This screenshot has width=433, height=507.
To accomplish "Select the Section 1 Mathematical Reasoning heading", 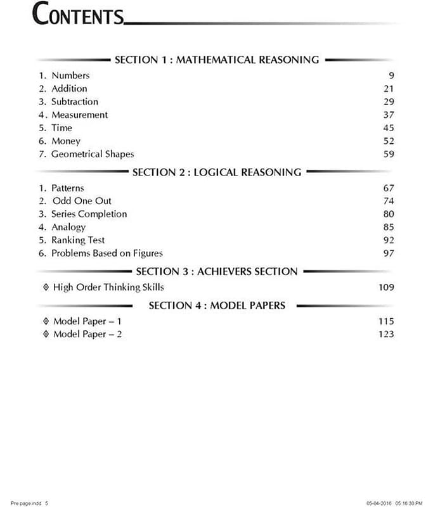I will pos(216,60).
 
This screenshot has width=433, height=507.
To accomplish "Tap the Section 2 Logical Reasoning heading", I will pos(216,172).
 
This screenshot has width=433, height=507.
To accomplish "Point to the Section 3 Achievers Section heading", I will pos(216,271).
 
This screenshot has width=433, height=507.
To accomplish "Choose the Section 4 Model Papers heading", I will pos(217,305).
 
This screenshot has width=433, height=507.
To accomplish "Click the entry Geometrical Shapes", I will pos(93,154).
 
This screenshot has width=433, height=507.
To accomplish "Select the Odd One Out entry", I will pos(82,201).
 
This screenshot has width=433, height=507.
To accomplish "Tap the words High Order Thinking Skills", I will pos(108,287).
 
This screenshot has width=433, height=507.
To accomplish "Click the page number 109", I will pos(385,287).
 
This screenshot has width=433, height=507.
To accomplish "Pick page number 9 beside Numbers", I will pos(391,75).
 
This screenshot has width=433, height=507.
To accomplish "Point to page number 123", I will pos(385,334).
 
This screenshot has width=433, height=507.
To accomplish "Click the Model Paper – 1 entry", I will pos(87,321).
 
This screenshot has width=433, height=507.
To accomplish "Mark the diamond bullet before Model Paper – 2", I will pos(45,334).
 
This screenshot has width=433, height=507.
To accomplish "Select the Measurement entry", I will pos(79,115).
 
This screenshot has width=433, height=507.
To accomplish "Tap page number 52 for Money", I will pos(389,141).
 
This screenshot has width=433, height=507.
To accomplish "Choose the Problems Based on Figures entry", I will pos(107,253).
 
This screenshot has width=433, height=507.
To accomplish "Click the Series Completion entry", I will pos(89,214).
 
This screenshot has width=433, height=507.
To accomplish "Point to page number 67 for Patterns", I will pos(389,188).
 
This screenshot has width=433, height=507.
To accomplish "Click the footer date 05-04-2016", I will pos(378,503).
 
